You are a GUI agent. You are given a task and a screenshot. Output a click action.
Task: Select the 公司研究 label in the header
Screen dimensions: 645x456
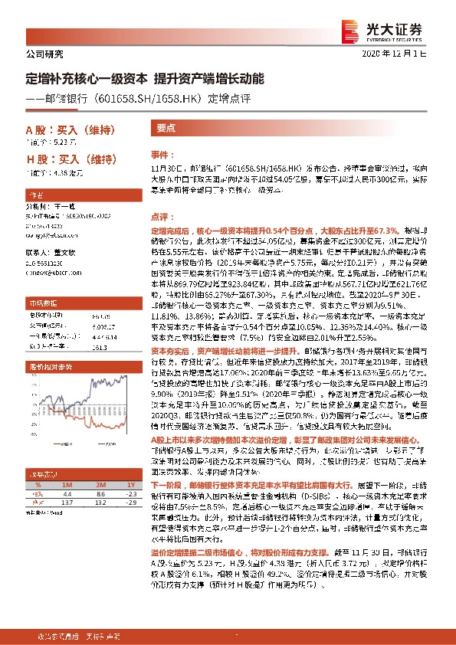click(44, 54)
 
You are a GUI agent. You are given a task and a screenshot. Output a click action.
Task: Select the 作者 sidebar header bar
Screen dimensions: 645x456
click(80, 195)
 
